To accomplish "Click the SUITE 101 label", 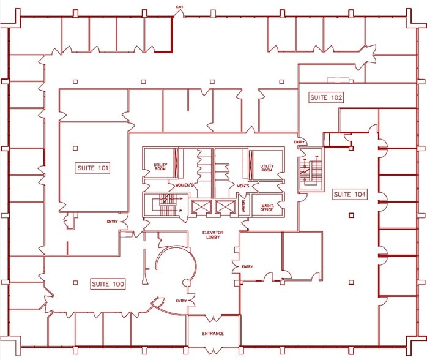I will point(93,168).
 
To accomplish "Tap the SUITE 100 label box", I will point(108,284).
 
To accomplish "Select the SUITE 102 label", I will point(326,97).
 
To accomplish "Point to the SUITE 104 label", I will point(350,194).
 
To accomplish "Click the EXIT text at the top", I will point(179,7).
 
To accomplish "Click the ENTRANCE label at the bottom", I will point(213,334).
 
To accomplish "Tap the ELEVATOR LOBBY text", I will point(215,235).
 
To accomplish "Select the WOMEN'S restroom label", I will point(185,185).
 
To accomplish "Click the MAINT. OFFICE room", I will point(267,207).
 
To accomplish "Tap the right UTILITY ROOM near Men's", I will point(267,168).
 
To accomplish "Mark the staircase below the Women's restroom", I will point(165,206).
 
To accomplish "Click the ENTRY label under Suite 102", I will point(299,143).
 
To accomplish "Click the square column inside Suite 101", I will point(76,147).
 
